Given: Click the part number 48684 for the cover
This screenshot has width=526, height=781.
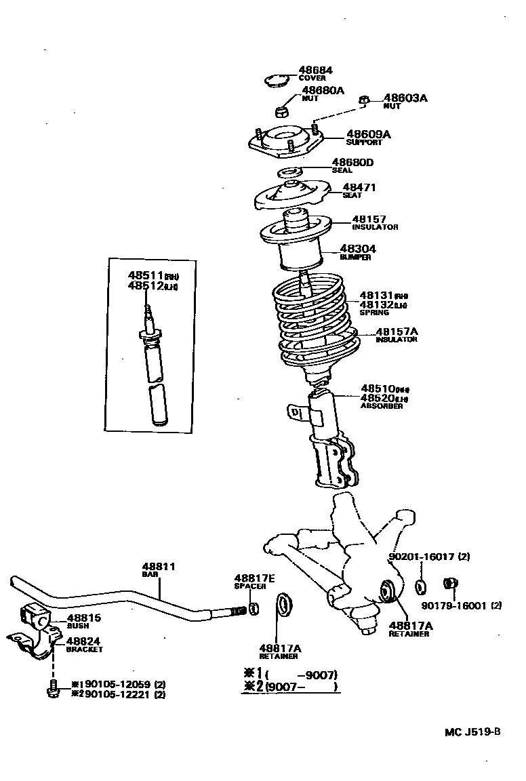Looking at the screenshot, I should click(x=315, y=70).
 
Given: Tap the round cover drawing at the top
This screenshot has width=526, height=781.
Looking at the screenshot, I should click(x=275, y=81).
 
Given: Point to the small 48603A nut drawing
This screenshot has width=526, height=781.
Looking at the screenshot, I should click(x=363, y=101).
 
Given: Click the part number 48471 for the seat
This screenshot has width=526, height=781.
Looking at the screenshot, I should click(x=359, y=188).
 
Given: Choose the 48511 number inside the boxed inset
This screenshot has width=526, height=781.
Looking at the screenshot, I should click(x=144, y=275).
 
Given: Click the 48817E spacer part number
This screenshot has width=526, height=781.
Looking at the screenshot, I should click(x=254, y=578).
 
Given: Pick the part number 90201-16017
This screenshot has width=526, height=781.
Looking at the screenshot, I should click(x=422, y=557).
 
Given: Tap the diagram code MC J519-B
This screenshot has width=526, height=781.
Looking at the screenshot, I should click(x=472, y=732).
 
